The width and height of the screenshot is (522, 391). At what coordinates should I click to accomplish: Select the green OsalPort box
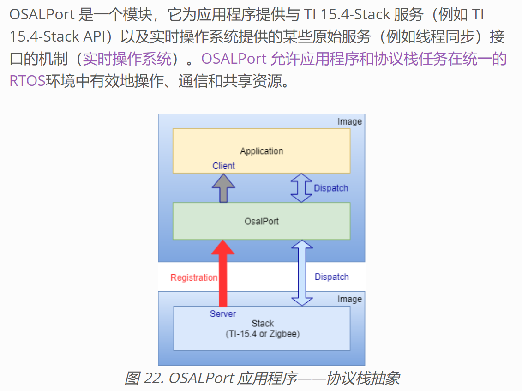coord(261,221)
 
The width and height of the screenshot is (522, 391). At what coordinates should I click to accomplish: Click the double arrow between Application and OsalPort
coord(301,188)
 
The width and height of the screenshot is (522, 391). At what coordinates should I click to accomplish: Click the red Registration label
coord(194,277)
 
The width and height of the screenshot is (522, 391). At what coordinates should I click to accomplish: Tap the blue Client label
coord(223,166)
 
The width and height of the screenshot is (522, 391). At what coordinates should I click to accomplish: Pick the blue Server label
coord(222,314)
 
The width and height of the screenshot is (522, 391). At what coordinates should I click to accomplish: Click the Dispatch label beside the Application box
coord(331,188)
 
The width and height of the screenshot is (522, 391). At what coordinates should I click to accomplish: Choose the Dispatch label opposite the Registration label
coord(331,277)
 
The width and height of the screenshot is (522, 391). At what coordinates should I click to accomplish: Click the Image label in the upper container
coord(349,122)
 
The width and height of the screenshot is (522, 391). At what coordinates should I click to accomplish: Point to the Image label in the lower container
coord(349,299)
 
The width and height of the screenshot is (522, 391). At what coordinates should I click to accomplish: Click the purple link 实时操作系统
coord(127,59)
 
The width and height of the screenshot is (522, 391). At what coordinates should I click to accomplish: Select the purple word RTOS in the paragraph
coord(27,81)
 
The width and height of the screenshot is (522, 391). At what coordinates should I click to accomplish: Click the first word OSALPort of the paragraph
coord(42,15)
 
